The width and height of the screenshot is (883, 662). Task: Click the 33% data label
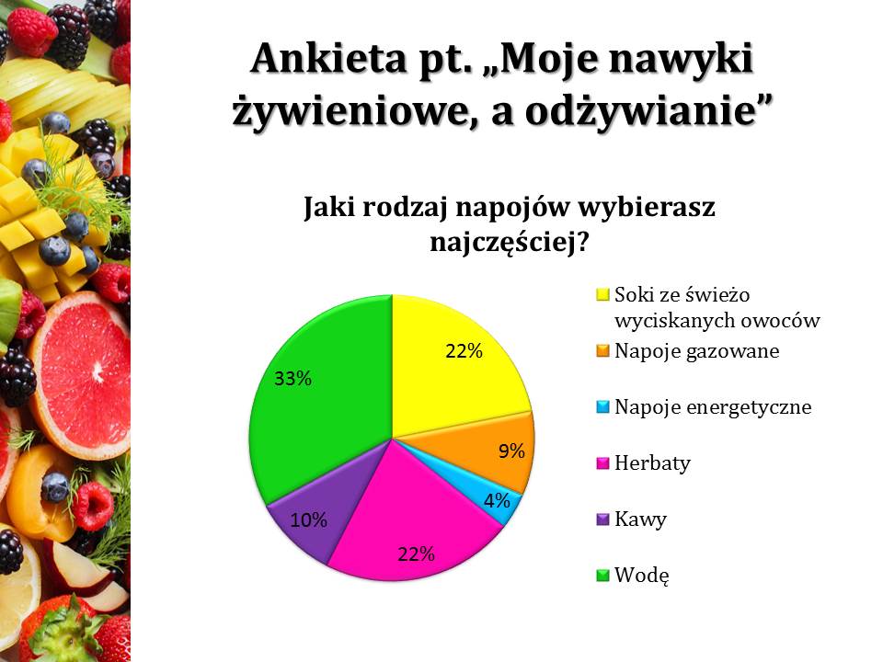tap(292, 378)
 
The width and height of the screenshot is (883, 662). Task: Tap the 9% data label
tap(511, 451)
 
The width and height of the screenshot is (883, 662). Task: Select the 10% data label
tap(309, 519)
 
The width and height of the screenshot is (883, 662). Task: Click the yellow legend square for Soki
tap(602, 294)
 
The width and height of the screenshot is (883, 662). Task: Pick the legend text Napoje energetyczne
tap(713, 406)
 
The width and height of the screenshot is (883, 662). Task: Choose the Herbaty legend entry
tap(652, 462)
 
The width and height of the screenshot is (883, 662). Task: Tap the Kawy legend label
tap(640, 519)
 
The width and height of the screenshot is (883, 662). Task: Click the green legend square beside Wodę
tap(602, 576)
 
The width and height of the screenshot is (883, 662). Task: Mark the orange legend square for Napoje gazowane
tap(602, 350)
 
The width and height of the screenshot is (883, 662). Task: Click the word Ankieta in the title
tap(328, 58)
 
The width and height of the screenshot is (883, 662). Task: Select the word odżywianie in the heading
tap(648, 111)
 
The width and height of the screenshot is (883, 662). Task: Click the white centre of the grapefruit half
tap(97, 370)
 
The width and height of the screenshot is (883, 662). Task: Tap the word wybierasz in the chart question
tap(647, 207)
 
